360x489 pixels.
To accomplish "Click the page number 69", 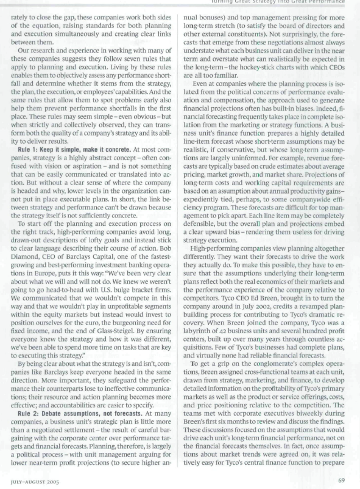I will tap(348, 481).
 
